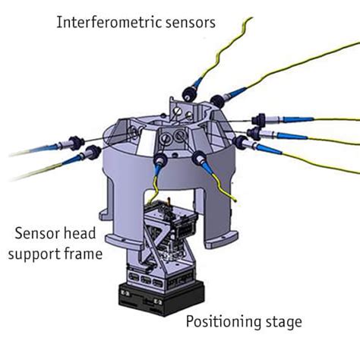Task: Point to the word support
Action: coord(35,254)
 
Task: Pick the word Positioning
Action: coord(223,322)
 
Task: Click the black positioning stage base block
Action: coord(162,298)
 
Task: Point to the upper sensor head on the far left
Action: coord(76,143)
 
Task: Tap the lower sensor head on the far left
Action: coord(94,151)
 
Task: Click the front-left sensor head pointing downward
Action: coord(160,159)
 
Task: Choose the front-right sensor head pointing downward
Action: coord(199,157)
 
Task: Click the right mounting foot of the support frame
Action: coord(221,241)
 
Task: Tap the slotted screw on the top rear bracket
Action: coord(178,110)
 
